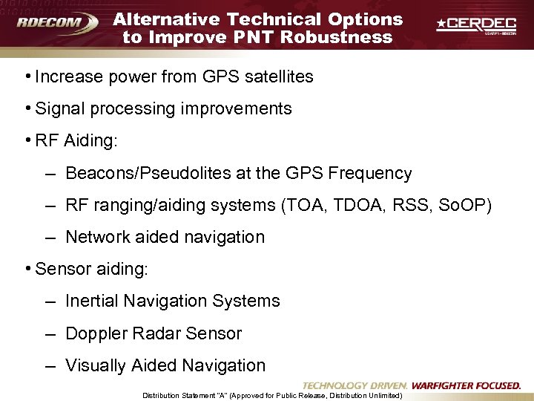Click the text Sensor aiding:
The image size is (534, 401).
[x=91, y=269]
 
